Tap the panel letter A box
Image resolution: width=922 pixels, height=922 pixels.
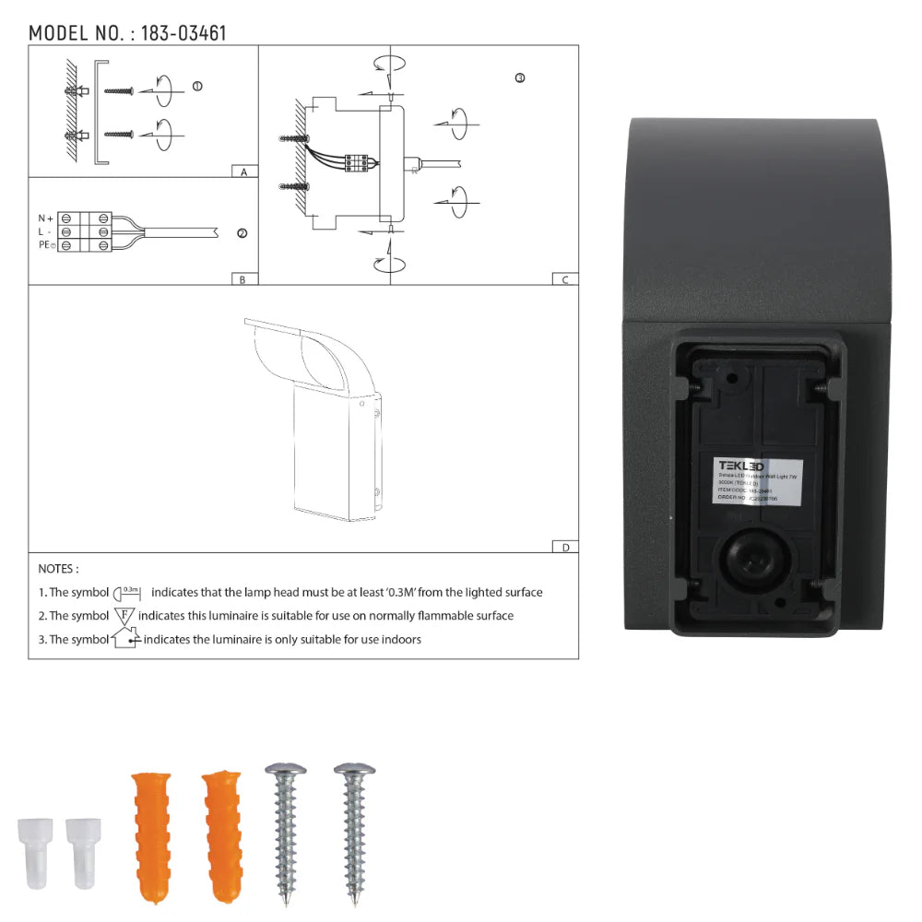(243, 172)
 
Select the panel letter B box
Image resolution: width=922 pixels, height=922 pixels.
(242, 279)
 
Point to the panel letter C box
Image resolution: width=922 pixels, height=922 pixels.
(565, 279)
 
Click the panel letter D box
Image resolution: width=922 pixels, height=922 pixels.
(565, 547)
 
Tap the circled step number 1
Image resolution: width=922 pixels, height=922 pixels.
(196, 86)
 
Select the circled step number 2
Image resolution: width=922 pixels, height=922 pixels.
(242, 233)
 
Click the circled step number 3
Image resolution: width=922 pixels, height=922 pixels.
(520, 78)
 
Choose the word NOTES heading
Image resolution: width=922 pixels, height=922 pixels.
(58, 569)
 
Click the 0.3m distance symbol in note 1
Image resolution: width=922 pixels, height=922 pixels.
(130, 592)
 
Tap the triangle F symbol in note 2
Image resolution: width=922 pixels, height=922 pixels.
(124, 615)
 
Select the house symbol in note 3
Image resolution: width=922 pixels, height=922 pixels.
(124, 638)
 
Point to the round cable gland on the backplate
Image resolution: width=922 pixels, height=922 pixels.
(751, 559)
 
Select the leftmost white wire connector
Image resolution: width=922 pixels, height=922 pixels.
(33, 852)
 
